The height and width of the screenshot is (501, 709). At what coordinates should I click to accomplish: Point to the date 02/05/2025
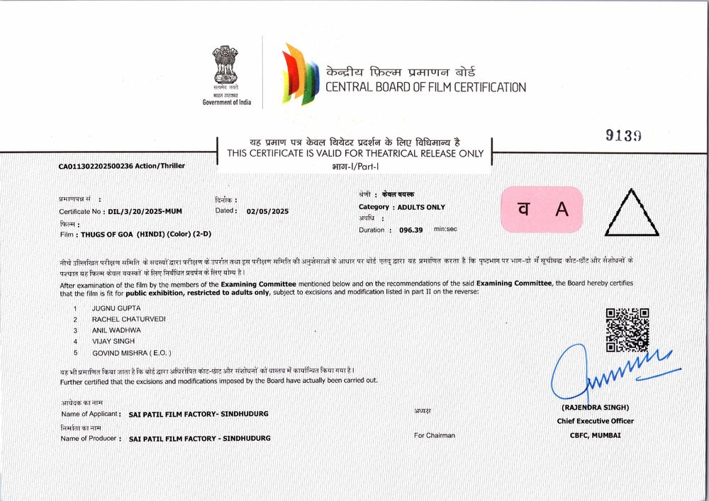click(x=268, y=211)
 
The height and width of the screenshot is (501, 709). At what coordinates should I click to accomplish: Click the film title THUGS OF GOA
click(x=108, y=234)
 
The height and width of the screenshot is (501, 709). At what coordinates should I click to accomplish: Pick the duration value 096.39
click(x=411, y=230)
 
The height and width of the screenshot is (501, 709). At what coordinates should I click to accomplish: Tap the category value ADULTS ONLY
click(x=421, y=207)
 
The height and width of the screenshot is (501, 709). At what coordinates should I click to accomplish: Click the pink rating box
click(x=542, y=209)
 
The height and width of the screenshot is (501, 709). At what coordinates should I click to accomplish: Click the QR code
click(x=627, y=330)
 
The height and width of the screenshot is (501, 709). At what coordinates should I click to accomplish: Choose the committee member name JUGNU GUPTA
click(x=116, y=309)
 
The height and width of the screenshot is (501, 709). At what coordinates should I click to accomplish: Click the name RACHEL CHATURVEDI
click(x=128, y=320)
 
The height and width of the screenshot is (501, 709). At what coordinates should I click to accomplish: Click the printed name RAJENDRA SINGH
click(x=596, y=407)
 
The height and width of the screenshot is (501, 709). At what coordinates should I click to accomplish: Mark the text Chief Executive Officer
click(x=596, y=421)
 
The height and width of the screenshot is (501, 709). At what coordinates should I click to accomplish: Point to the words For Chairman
click(x=435, y=435)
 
